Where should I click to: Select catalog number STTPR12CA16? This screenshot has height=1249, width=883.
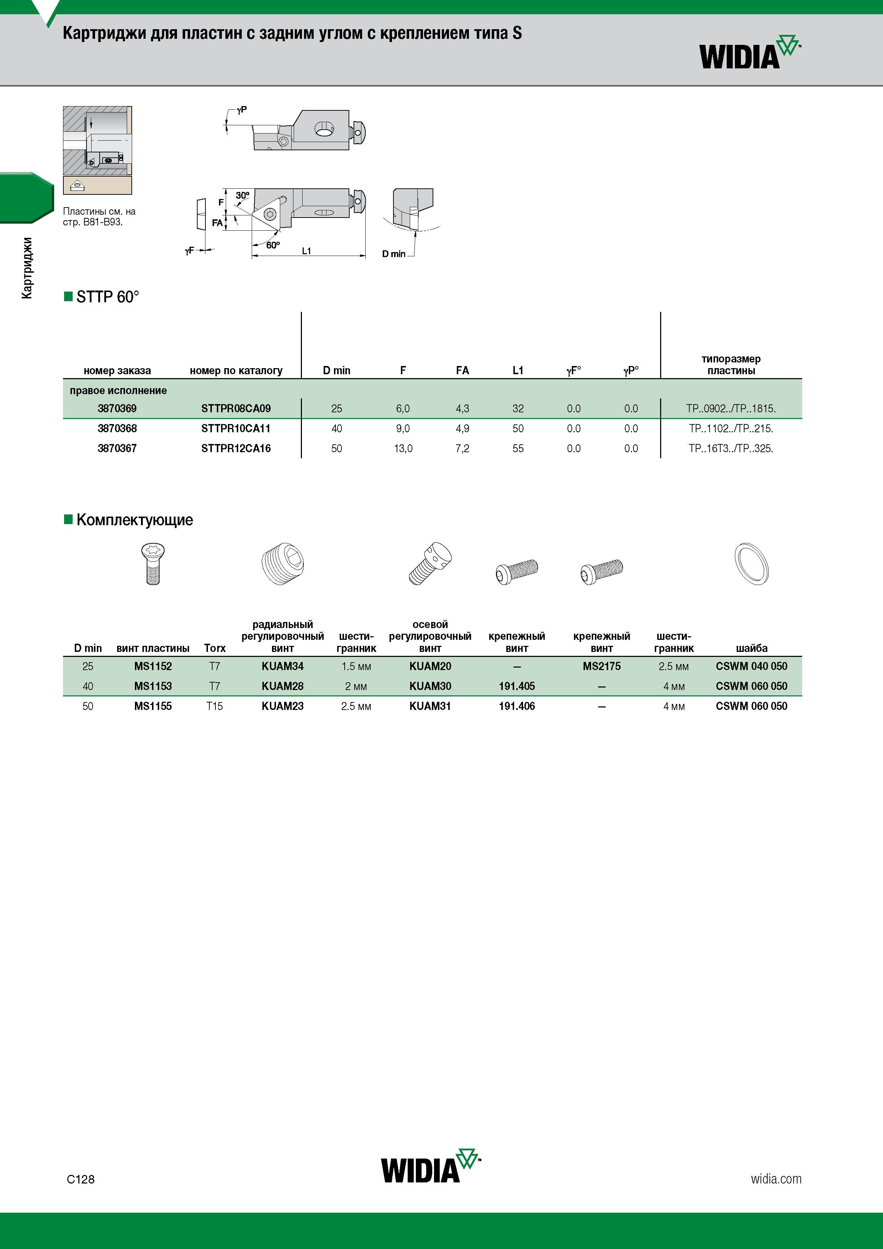click(236, 449)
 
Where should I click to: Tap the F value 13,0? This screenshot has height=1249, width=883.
click(403, 449)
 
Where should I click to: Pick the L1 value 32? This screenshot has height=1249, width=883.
click(518, 408)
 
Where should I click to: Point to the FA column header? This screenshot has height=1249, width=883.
click(463, 370)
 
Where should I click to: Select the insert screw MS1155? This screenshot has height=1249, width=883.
click(153, 706)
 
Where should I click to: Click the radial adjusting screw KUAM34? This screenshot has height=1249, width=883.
click(282, 667)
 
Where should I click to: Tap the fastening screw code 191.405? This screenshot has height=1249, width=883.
click(517, 686)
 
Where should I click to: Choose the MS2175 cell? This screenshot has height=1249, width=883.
click(602, 667)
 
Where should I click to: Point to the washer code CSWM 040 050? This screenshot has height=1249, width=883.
click(751, 667)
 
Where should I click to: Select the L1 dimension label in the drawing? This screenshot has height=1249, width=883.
click(306, 251)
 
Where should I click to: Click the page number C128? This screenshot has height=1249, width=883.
click(80, 1179)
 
